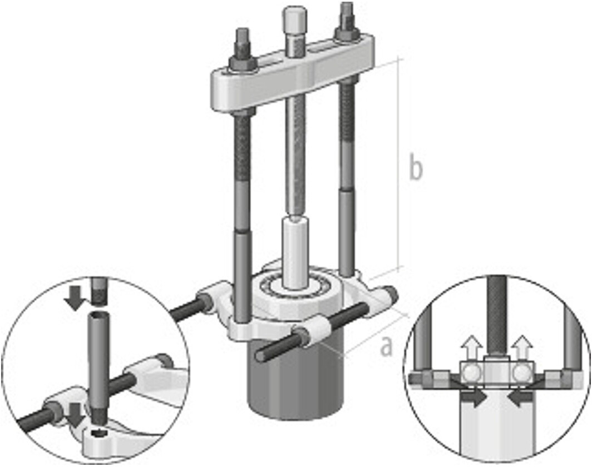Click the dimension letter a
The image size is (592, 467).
[386, 346]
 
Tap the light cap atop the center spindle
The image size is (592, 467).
[294, 21]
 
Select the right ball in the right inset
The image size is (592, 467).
[522, 373]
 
